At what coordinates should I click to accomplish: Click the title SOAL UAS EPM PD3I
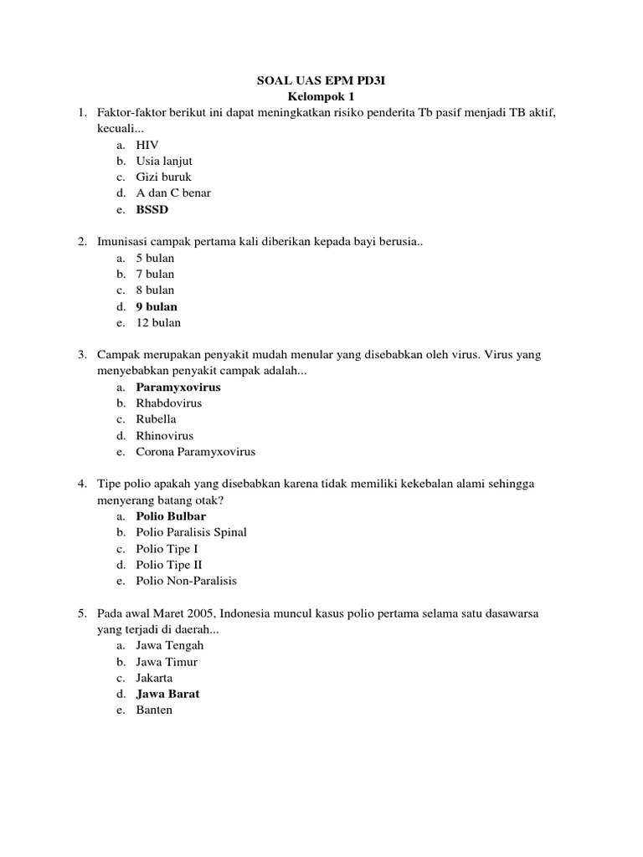pyautogui.click(x=321, y=80)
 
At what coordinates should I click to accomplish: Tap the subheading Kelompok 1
pyautogui.click(x=321, y=96)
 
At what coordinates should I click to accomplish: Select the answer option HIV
pyautogui.click(x=147, y=145)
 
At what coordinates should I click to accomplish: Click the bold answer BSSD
pyautogui.click(x=152, y=209)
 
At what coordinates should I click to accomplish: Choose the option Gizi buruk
pyautogui.click(x=164, y=177)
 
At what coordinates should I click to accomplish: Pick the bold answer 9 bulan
pyautogui.click(x=157, y=306)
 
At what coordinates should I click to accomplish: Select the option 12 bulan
pyautogui.click(x=158, y=322)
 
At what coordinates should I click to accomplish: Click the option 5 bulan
pyautogui.click(x=156, y=258)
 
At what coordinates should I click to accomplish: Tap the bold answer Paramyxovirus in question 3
pyautogui.click(x=178, y=387)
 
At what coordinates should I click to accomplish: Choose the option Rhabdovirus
pyautogui.click(x=169, y=403)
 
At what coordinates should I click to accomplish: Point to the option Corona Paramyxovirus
pyautogui.click(x=196, y=452)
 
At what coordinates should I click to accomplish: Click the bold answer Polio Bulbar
pyautogui.click(x=171, y=516)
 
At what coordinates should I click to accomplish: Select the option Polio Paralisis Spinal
pyautogui.click(x=192, y=532)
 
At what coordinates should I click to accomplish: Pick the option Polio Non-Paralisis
pyautogui.click(x=187, y=581)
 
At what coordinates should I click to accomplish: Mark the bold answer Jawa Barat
pyautogui.click(x=167, y=694)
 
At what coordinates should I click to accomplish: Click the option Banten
pyautogui.click(x=155, y=710)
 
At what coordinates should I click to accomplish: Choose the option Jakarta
pyautogui.click(x=155, y=678)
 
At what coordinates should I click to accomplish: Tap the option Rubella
pyautogui.click(x=157, y=419)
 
